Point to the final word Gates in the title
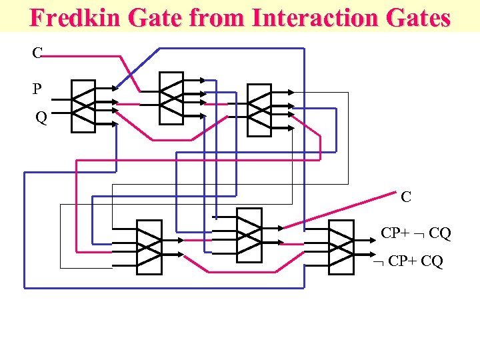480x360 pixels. coord(416,18)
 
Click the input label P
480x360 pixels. coord(37,88)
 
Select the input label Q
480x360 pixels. coord(41,119)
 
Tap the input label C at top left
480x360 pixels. coord(37,53)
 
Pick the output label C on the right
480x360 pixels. coord(405,197)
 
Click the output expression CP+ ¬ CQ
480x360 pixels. coord(415,233)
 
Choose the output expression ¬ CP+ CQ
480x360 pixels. coord(408,261)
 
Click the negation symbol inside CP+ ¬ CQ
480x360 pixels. coord(420,234)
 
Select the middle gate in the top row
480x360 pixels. coord(171,97)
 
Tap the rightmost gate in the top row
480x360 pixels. coord(259,109)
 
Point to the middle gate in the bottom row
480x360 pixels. coord(250,235)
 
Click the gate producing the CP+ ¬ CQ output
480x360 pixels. coord(341,246)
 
